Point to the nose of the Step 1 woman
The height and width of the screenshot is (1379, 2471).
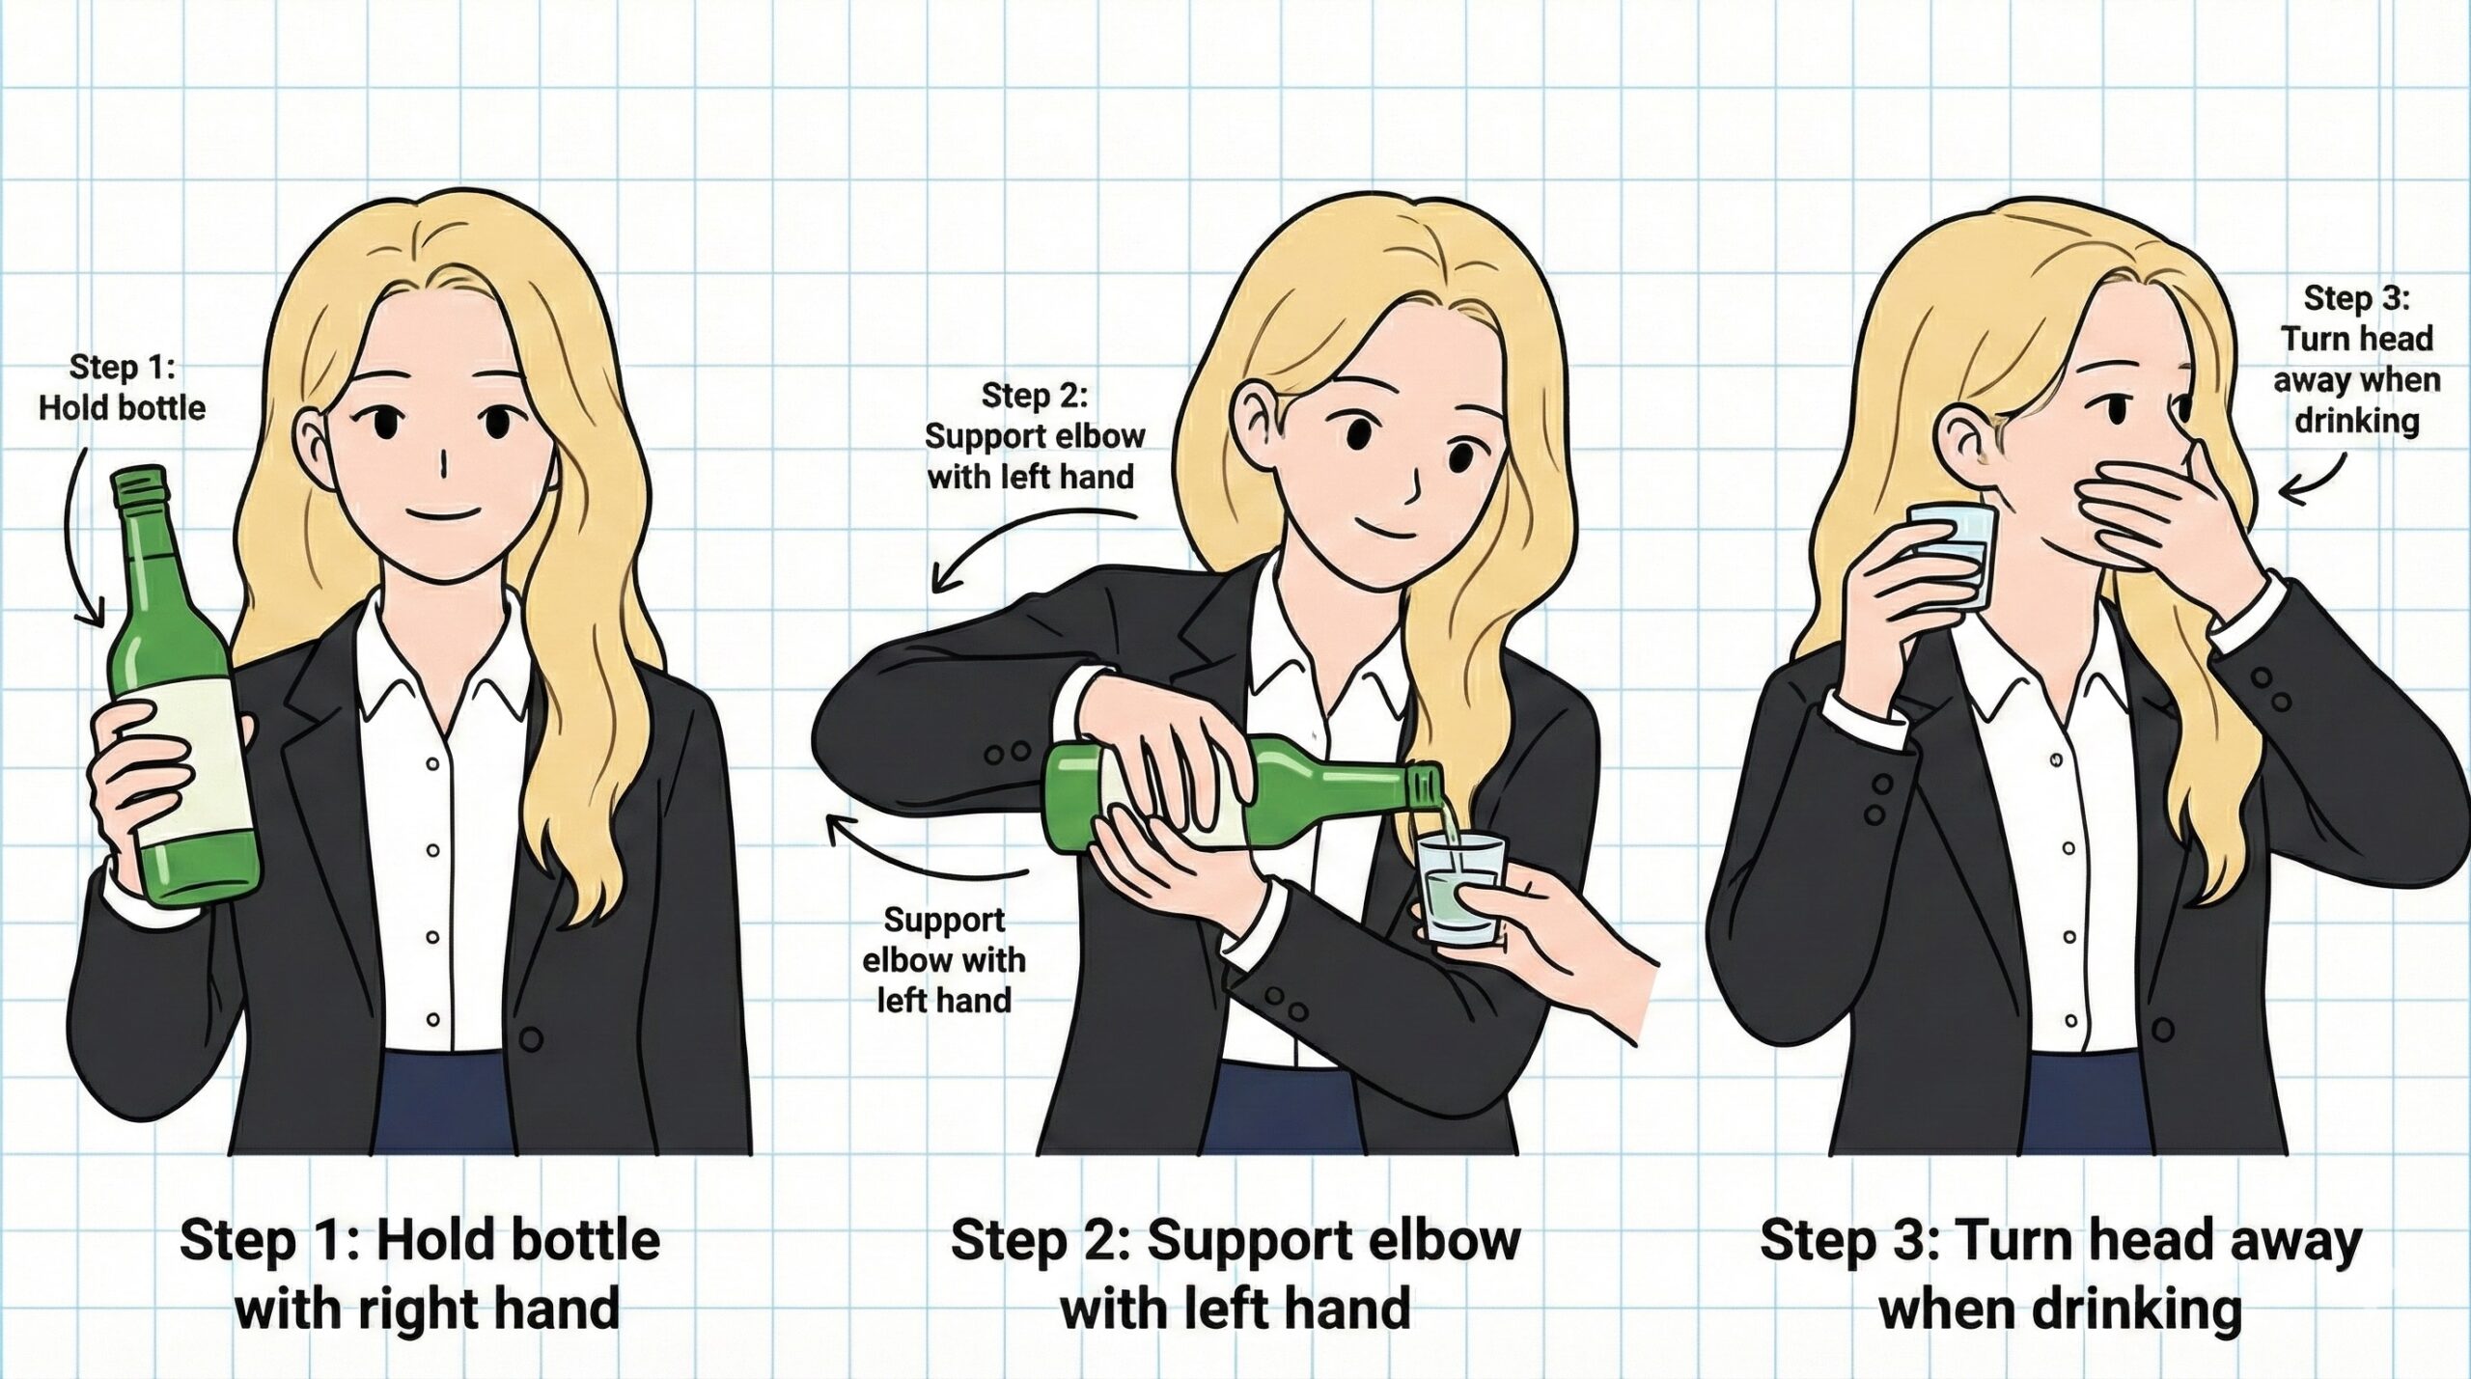click(x=442, y=466)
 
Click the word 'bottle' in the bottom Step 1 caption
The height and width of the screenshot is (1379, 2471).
click(x=590, y=1241)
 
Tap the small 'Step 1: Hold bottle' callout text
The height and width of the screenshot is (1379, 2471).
click(x=123, y=388)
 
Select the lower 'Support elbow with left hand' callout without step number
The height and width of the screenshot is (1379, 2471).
click(x=943, y=960)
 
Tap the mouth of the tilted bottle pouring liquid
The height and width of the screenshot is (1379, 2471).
click(x=1428, y=788)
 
